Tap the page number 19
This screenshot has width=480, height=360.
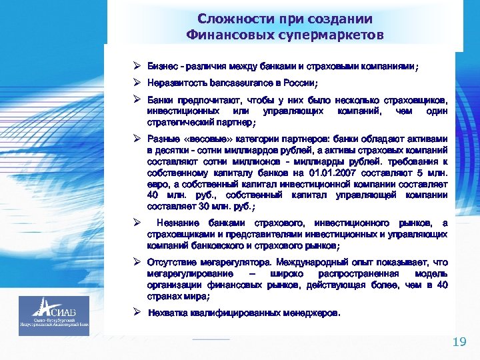click(459, 342)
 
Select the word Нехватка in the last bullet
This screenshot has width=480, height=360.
click(169, 312)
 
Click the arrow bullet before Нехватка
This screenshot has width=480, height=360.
click(135, 312)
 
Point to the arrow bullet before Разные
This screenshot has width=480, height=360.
click(135, 139)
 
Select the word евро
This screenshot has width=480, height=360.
click(157, 185)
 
